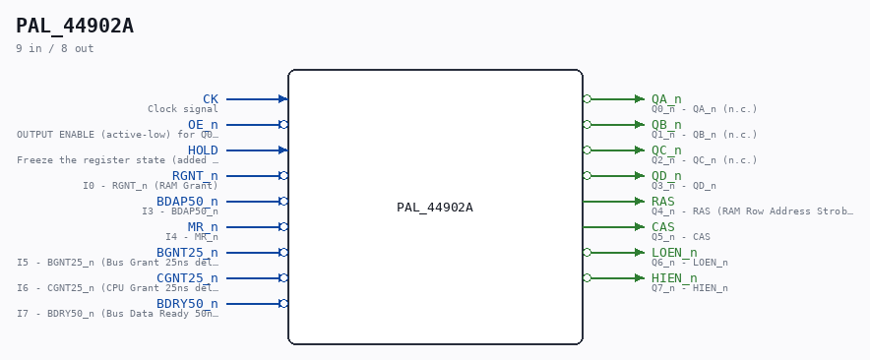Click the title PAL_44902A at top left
[75, 27]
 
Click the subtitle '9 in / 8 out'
[55, 49]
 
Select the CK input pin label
[211, 99]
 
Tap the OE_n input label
[203, 125]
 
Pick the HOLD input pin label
[203, 150]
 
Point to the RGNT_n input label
[195, 176]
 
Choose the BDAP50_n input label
[188, 202]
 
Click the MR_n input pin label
[203, 227]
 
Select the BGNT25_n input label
[188, 253]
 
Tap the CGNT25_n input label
[188, 278]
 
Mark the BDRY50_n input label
[188, 304]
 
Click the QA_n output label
[666, 99]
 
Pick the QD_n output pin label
[666, 176]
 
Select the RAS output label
[663, 202]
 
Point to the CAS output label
[663, 227]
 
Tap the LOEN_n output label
[674, 253]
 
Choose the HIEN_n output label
[674, 278]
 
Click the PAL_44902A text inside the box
[435, 208]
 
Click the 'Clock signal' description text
[183, 109]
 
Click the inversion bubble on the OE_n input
[283, 125]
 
